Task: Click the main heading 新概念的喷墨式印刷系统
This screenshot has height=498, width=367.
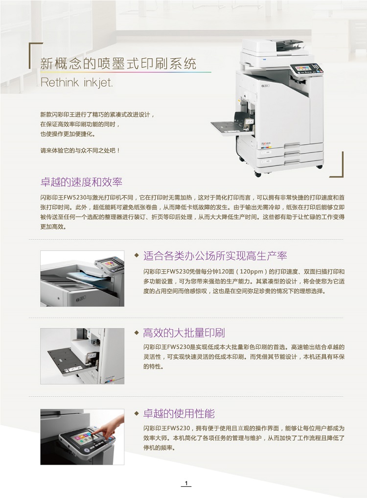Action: (118, 64)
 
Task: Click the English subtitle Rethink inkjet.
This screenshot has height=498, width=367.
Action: (76, 82)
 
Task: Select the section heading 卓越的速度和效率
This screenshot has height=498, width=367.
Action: (81, 182)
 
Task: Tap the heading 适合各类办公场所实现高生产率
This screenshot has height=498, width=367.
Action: (215, 255)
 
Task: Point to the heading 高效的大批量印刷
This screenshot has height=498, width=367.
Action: (183, 333)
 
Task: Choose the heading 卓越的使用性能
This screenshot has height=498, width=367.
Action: (179, 413)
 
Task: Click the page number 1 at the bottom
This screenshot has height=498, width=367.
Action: (186, 483)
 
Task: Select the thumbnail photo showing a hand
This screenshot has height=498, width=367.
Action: (82, 436)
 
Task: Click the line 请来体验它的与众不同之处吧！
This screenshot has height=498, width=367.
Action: (80, 151)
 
